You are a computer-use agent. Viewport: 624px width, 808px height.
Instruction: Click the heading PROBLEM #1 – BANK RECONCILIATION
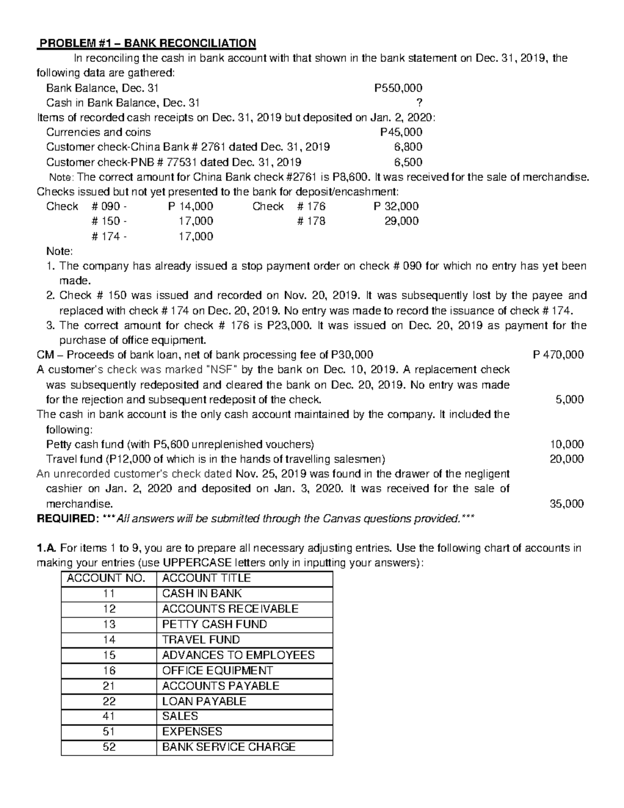[x=147, y=43]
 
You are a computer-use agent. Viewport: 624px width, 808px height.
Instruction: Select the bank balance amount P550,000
[x=398, y=88]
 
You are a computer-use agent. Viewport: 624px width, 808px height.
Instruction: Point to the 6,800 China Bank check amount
[x=408, y=147]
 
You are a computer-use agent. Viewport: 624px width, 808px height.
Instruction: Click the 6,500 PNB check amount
[x=408, y=162]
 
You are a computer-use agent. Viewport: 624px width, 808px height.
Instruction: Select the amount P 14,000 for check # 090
[x=190, y=206]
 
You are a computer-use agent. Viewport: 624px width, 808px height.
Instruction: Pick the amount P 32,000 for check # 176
[x=396, y=206]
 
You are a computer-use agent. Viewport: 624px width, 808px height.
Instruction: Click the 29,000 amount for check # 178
[x=401, y=221]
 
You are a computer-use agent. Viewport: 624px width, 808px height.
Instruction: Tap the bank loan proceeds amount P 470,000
[x=558, y=355]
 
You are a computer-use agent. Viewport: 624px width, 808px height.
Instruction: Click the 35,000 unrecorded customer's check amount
[x=567, y=504]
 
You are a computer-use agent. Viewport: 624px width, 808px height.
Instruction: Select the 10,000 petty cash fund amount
[x=567, y=444]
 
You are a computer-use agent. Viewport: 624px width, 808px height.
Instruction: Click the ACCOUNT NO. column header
[x=109, y=578]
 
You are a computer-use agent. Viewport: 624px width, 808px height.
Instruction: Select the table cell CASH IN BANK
[x=202, y=594]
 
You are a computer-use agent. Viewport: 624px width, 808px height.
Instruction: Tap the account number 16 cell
[x=109, y=671]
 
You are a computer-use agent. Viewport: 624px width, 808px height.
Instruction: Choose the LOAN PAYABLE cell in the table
[x=204, y=701]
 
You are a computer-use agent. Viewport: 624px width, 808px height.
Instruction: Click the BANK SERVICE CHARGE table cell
[x=229, y=747]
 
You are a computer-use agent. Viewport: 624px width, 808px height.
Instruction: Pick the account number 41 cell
[x=109, y=716]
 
